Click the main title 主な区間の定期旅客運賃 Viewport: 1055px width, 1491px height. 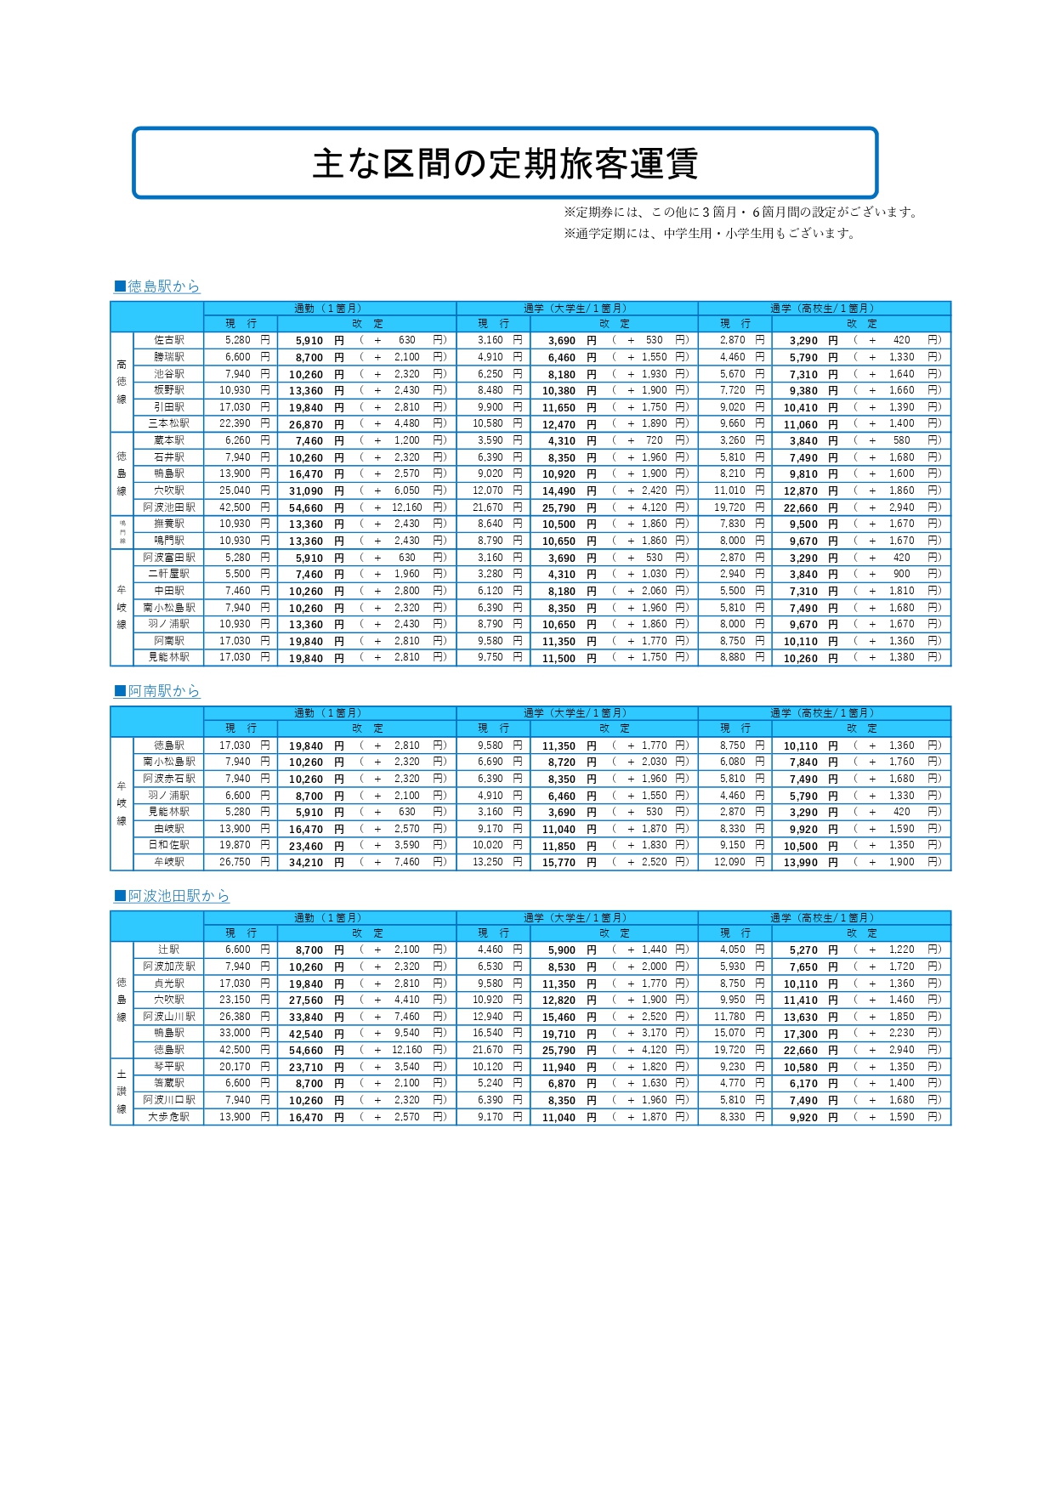coord(505,163)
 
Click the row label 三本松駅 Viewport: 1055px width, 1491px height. coord(169,423)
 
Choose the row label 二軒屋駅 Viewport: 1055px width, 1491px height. coord(169,574)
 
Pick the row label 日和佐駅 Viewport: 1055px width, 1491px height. coord(169,845)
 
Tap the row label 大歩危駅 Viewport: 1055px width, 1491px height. coord(169,1117)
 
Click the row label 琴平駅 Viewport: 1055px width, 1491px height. coord(169,1067)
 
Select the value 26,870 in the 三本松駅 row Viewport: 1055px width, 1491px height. coord(306,424)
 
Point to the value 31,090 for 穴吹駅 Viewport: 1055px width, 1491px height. coord(306,490)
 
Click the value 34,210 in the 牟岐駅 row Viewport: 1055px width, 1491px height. coord(306,862)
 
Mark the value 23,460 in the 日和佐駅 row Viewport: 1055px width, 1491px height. coord(306,846)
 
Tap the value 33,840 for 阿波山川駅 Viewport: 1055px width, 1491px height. coord(306,1017)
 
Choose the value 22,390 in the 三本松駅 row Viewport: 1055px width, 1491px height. coord(235,423)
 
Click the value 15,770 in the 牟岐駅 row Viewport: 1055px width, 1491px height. coord(559,862)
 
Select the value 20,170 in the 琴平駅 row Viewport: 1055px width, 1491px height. coord(235,1067)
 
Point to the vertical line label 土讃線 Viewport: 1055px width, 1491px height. coord(122,1091)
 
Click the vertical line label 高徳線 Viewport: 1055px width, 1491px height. coord(122,382)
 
